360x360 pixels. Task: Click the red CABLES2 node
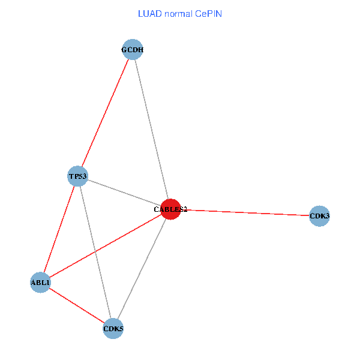[170, 209]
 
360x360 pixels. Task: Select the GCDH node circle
[132, 50]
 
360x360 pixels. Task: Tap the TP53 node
[78, 176]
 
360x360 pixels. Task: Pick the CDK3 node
[320, 216]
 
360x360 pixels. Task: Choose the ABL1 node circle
[40, 283]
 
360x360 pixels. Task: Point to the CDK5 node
[113, 329]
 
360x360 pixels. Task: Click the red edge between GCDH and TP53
[105, 113]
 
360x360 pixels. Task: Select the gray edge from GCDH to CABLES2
[151, 130]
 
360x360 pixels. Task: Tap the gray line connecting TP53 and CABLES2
[124, 193]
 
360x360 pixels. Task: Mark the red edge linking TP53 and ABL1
[59, 230]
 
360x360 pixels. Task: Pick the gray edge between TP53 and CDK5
[96, 253]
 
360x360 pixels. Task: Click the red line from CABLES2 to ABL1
[105, 246]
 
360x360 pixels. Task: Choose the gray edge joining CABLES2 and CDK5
[142, 269]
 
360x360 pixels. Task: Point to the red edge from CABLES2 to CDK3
[245, 213]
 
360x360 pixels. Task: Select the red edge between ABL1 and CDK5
[77, 306]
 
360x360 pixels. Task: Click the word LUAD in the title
[149, 13]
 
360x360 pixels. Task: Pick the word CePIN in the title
[208, 13]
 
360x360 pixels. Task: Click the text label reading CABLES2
[170, 210]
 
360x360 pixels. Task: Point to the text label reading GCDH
[132, 50]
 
